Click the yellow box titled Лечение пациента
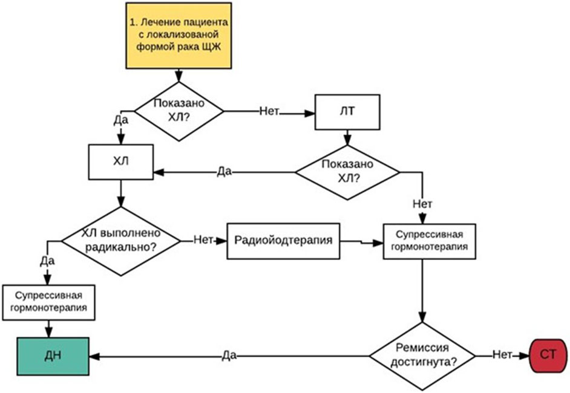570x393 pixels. point(179,36)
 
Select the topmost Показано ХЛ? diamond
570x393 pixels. point(179,111)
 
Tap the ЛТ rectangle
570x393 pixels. point(347,112)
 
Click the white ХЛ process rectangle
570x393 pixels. point(120,162)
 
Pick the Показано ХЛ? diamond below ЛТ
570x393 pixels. point(347,172)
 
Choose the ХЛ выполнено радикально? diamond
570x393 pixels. point(120,241)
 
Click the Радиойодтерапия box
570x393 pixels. point(283,241)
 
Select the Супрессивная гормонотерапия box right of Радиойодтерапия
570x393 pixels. point(430,241)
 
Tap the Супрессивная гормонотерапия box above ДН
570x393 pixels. point(49,302)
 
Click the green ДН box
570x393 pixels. point(53,356)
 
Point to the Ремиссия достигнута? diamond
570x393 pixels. point(422,356)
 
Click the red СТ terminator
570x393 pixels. point(548,356)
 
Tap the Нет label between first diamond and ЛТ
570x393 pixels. point(269,111)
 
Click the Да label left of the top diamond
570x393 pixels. point(120,120)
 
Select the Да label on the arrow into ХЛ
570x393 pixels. point(224,172)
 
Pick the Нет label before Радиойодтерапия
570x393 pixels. point(203,239)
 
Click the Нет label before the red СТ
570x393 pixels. point(502,354)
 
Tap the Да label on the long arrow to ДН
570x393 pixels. point(229,356)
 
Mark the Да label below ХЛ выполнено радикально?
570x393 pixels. point(47,261)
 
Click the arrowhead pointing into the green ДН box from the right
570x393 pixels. point(94,357)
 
